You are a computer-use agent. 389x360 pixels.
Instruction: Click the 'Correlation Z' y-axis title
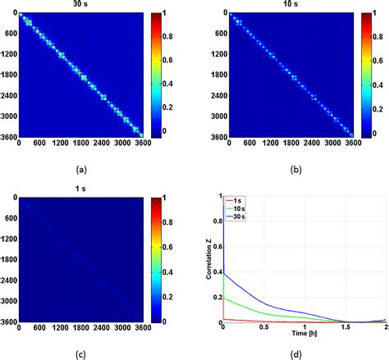(x=209, y=259)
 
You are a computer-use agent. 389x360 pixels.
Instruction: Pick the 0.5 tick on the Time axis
(x=262, y=328)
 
